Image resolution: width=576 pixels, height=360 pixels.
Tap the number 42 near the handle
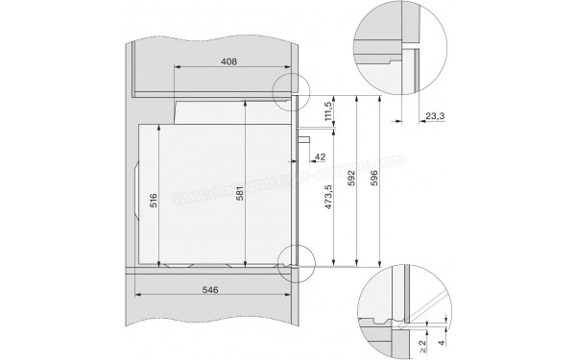[x=321, y=156]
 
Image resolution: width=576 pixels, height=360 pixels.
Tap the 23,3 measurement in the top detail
[x=434, y=116]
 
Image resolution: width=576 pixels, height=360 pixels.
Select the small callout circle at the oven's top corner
[x=292, y=91]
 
